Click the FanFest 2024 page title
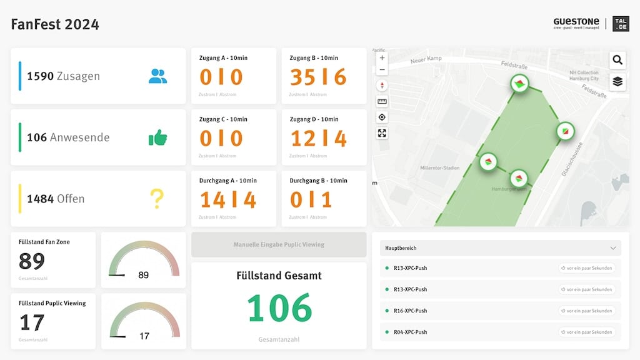pos(55,24)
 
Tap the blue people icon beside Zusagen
pos(157,76)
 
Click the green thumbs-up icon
pos(157,137)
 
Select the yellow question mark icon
pos(156,199)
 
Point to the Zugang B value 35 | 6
pos(318,77)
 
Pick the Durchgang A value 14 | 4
pos(228,199)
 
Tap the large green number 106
pos(279,308)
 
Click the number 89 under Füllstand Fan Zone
pos(32,261)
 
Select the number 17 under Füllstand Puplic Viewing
pos(32,322)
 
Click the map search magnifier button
pos(617,60)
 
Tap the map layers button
pos(617,82)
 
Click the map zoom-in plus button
pos(382,58)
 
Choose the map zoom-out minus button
pos(382,70)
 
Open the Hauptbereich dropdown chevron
pos(612,248)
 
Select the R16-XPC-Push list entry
pos(410,311)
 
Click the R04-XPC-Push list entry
pos(410,332)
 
